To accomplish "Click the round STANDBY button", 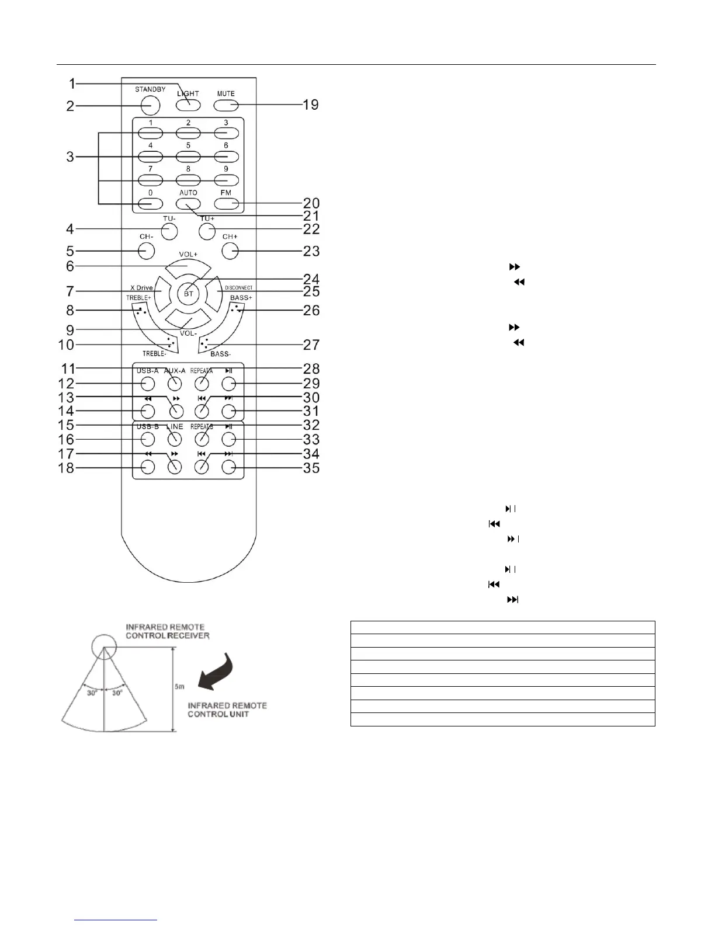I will click(x=150, y=105).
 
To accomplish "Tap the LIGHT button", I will click(x=188, y=106).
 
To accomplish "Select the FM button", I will click(x=226, y=204).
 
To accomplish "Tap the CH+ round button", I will click(x=230, y=251).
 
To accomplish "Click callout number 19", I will click(x=311, y=105).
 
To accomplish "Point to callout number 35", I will click(x=311, y=468).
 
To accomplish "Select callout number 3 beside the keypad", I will click(x=70, y=157).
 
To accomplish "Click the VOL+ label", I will click(x=188, y=255).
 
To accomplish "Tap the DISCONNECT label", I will click(x=239, y=288).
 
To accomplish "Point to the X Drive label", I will click(x=141, y=288).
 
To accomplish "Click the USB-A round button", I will click(x=147, y=384).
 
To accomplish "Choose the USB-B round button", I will click(x=147, y=439).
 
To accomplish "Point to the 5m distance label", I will click(x=180, y=687).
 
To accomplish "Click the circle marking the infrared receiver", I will click(x=103, y=647).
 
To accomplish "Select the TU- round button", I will click(x=169, y=231).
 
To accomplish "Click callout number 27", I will click(x=311, y=345).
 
